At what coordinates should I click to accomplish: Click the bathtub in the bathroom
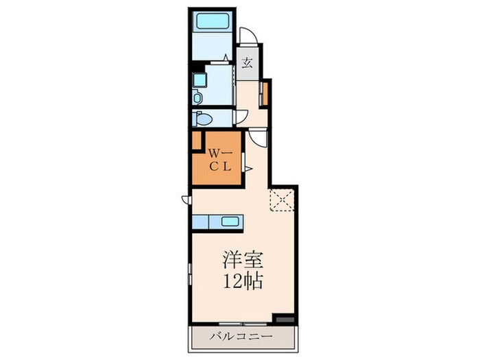click(213, 21)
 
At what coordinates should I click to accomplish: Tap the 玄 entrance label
click(248, 63)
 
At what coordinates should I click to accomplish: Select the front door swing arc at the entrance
click(248, 35)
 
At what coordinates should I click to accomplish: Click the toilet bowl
click(204, 119)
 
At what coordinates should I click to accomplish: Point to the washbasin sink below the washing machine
click(197, 98)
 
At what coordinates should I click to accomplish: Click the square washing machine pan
click(200, 80)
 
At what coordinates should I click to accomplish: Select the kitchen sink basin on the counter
click(230, 221)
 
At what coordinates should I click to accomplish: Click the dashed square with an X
click(282, 200)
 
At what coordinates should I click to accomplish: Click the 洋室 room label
click(242, 261)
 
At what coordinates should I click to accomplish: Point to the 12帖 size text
click(243, 281)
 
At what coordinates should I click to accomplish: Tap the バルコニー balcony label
click(241, 337)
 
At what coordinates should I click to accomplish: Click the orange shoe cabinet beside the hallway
click(265, 94)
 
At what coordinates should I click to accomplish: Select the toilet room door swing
click(241, 117)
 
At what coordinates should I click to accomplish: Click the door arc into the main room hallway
click(257, 138)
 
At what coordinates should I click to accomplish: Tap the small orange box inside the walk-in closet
click(197, 141)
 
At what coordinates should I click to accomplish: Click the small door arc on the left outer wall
click(186, 200)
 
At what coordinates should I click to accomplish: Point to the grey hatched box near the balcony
click(285, 320)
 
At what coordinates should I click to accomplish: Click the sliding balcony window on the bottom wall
click(243, 324)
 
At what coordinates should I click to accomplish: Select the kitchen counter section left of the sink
click(200, 221)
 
